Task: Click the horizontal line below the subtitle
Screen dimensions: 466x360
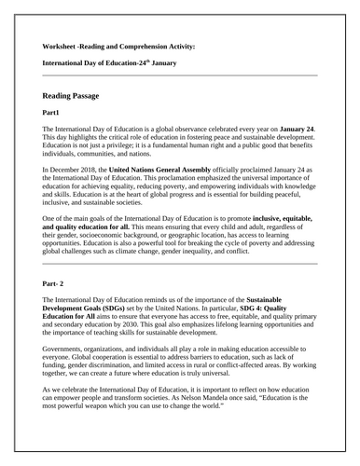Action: (x=179, y=75)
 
